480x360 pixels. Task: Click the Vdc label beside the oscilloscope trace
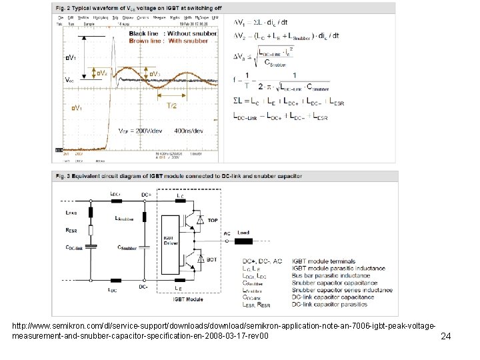(69, 78)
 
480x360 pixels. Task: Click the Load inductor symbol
(243, 239)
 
